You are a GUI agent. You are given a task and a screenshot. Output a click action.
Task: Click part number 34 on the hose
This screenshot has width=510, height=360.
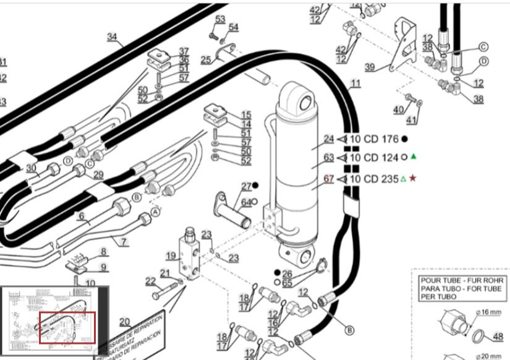[111, 36]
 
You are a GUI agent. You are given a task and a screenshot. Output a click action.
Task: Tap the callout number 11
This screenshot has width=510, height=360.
[355, 84]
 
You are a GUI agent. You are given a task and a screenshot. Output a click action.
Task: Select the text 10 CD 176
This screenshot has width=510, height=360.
[374, 139]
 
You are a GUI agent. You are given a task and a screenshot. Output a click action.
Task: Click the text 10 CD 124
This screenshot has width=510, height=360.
[374, 157]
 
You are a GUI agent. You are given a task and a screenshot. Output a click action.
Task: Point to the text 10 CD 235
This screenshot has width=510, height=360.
[374, 179]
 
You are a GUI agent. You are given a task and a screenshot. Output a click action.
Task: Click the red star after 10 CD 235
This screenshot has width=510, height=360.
[413, 179]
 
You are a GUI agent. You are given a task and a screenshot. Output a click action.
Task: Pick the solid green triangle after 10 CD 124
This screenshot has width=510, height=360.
[414, 156]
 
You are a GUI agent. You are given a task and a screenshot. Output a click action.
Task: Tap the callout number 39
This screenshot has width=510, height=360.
[370, 67]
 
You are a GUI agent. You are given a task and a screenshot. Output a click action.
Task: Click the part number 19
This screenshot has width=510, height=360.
[171, 255]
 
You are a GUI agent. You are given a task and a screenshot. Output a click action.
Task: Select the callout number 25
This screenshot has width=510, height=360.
[205, 59]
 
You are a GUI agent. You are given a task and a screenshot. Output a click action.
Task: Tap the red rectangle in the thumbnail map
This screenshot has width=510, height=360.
[67, 327]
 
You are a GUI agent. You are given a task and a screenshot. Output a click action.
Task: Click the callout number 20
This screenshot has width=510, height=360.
[125, 321]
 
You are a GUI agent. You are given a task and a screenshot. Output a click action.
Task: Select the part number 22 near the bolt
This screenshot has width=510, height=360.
[151, 281]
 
